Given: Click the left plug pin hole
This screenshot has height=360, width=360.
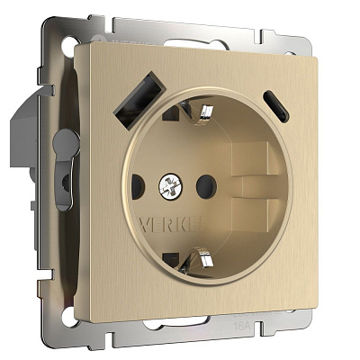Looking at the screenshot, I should click(138, 187).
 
